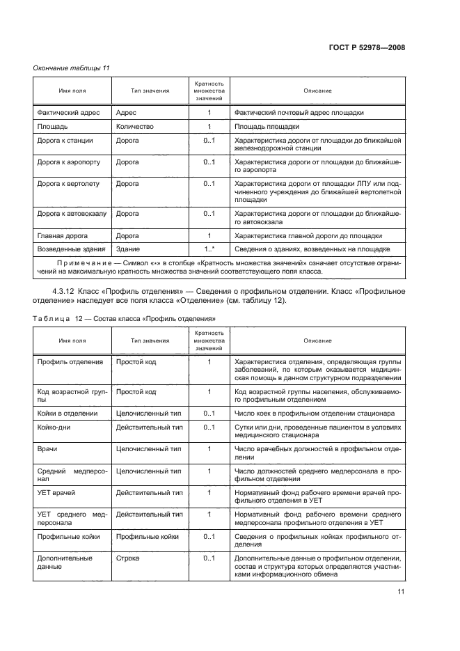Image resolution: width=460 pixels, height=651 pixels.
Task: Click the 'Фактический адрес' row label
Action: click(68, 112)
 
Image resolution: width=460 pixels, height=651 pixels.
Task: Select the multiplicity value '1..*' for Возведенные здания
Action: click(209, 249)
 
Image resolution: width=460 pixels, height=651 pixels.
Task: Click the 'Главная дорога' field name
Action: click(63, 235)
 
